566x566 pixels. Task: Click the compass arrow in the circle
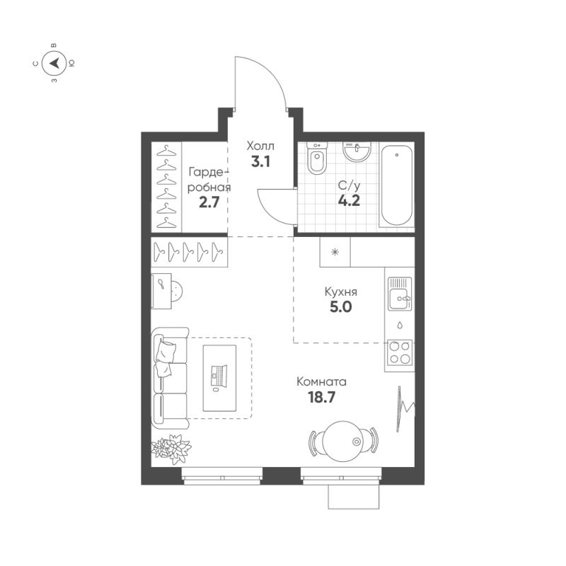pos(54,64)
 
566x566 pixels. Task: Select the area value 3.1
pos(260,161)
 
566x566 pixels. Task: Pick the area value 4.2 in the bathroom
pos(350,200)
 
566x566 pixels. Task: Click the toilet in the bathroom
pos(317,160)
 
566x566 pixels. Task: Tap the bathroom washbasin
pos(357,152)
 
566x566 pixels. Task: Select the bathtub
pos(396,185)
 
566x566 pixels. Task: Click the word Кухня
pos(340,291)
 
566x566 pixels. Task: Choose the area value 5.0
pos(340,307)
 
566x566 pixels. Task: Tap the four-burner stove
pos(400,352)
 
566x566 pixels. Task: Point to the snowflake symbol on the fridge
pos(336,252)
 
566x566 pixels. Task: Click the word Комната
pos(322,382)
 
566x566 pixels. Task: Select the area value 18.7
pos(321,398)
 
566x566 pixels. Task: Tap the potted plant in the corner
pos(171,448)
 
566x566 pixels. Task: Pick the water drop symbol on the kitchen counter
pos(400,325)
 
